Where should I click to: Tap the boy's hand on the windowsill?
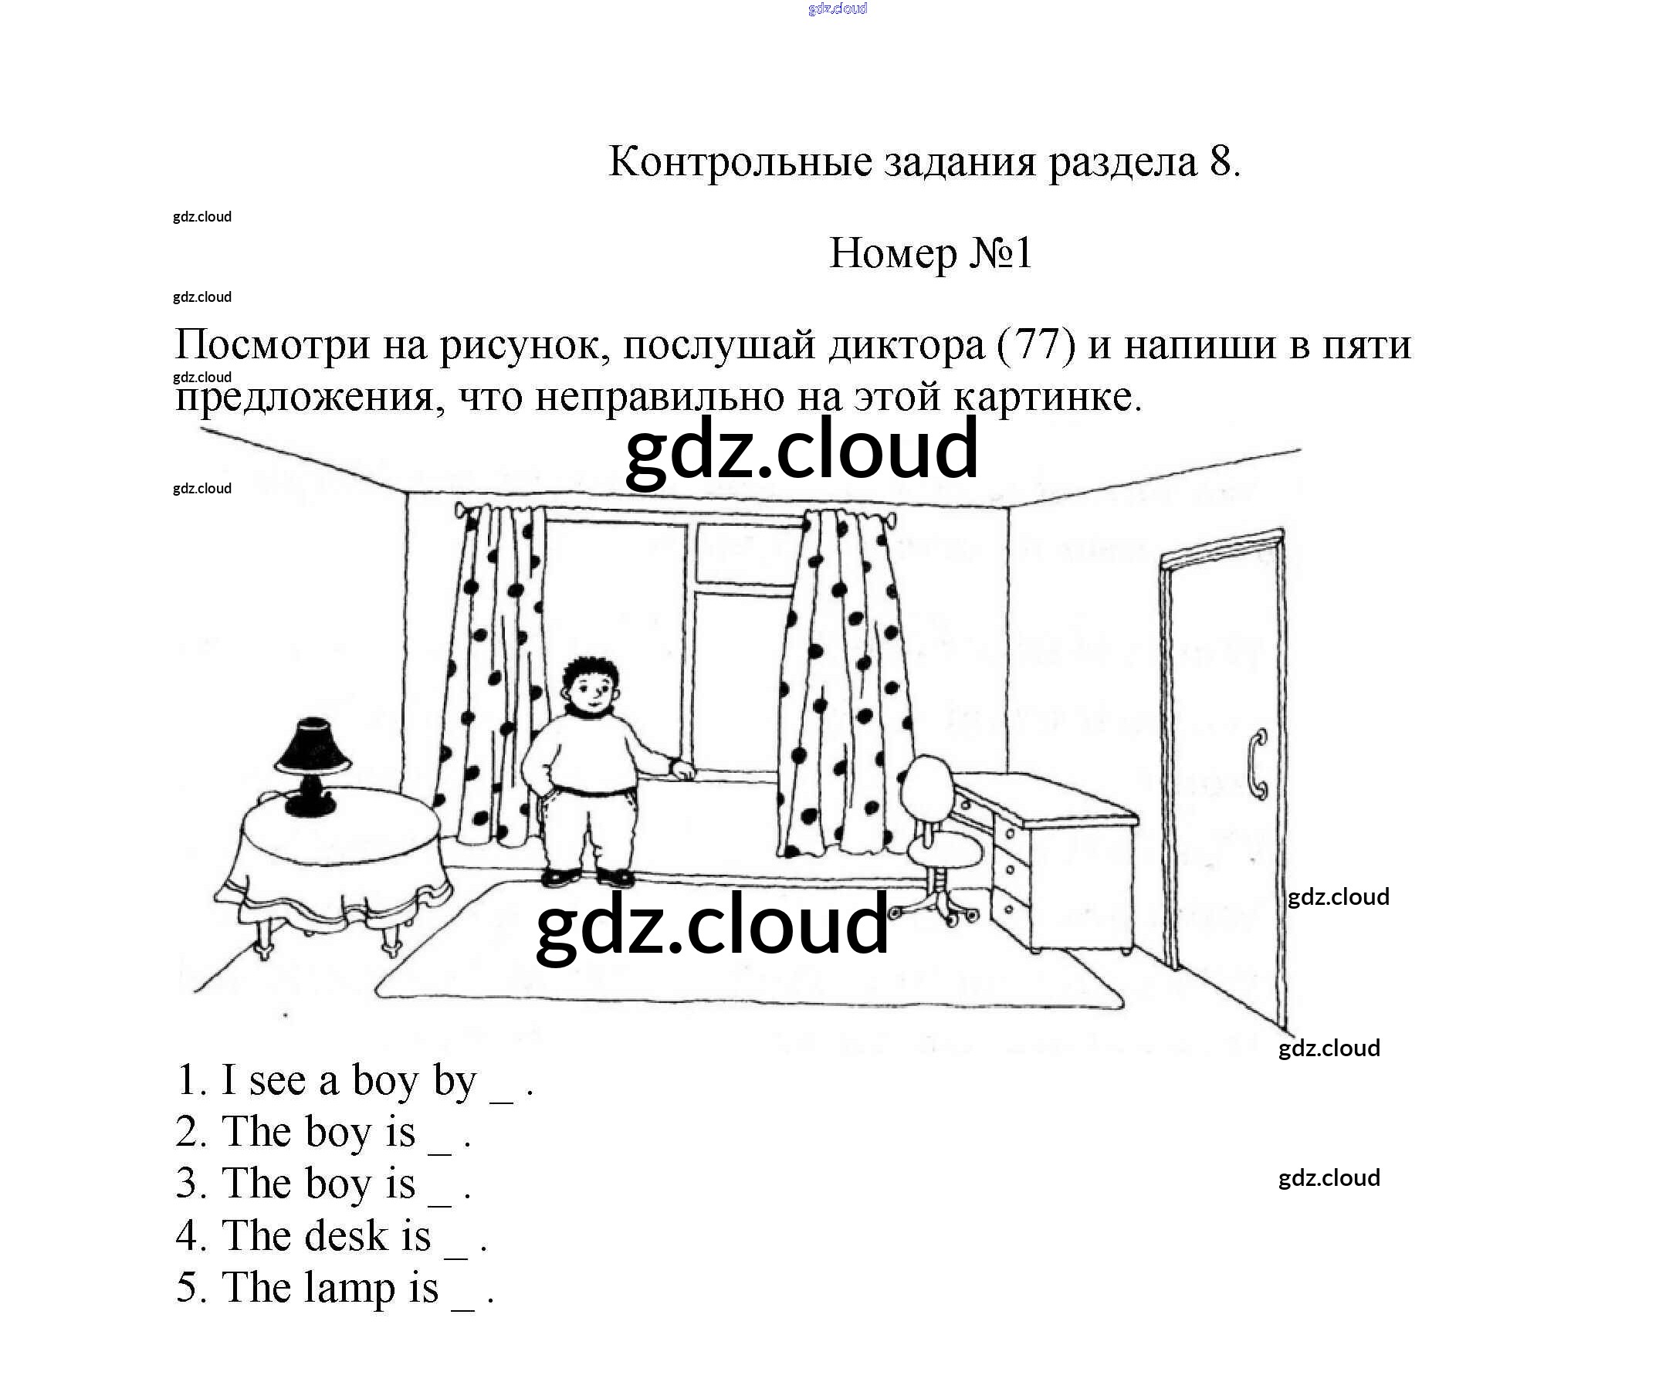coord(683,770)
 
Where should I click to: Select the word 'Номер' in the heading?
coord(893,254)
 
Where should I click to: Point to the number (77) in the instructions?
coord(1037,346)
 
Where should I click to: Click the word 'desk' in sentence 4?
coord(347,1236)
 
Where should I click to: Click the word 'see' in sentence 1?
coord(278,1081)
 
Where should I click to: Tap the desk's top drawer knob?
coord(1011,834)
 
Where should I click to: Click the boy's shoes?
coord(588,877)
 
